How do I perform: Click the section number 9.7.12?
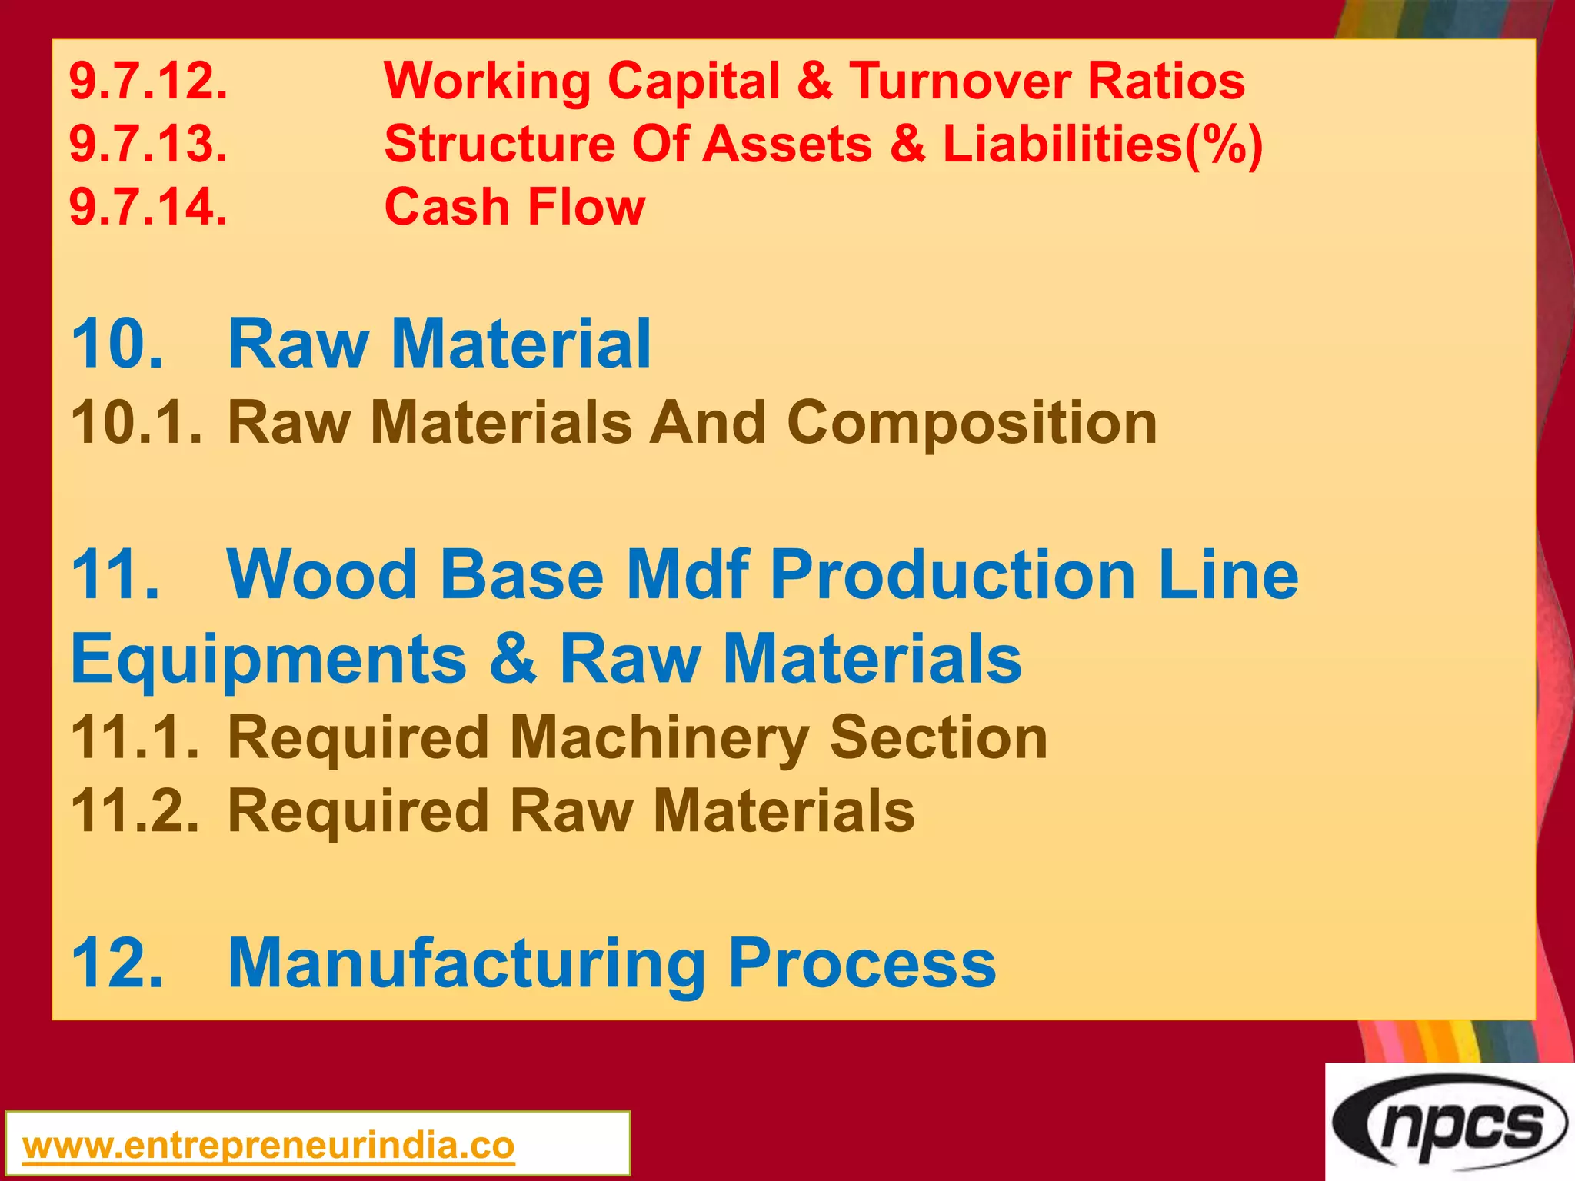point(148,81)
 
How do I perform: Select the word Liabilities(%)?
point(1102,144)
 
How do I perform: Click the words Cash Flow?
point(514,207)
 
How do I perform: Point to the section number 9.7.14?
point(148,207)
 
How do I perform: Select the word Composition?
point(971,423)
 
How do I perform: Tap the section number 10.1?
point(137,423)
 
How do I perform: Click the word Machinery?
point(658,737)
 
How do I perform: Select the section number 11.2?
point(135,811)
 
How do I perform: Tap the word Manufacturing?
point(467,963)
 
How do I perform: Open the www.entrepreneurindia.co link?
point(268,1146)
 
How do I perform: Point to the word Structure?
point(499,144)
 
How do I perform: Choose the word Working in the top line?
point(486,81)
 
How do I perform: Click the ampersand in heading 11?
point(513,658)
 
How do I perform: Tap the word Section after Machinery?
point(938,737)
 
